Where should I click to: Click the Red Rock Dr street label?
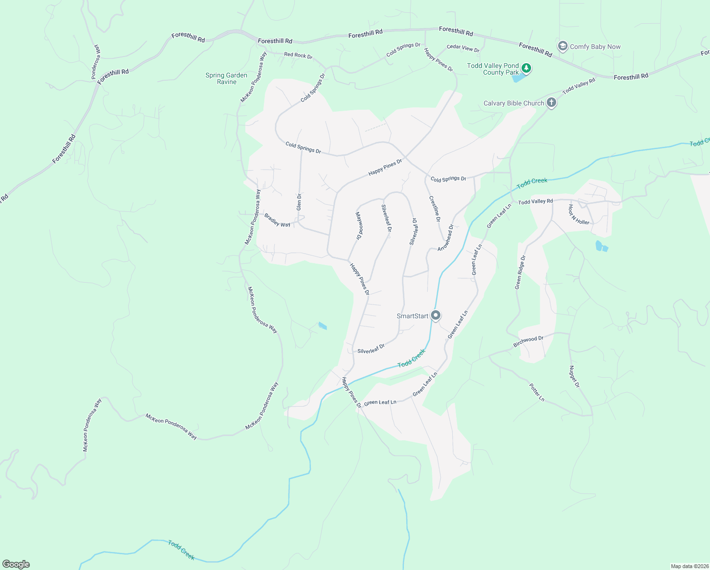coord(298,55)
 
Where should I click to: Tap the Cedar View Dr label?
coord(463,48)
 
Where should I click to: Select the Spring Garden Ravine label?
coord(226,78)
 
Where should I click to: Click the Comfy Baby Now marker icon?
coord(563,46)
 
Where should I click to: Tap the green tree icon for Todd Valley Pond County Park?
coord(526,68)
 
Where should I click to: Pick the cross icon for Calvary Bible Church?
coord(551,102)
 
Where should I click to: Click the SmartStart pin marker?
coord(436,315)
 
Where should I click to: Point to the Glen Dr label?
coord(299,202)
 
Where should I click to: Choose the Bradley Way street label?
coord(278,220)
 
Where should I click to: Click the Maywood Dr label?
coord(359,225)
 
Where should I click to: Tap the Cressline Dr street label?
coord(435,209)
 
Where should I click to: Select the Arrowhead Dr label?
coord(445,238)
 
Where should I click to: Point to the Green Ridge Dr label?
coord(521,272)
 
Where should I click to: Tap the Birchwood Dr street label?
coord(528,342)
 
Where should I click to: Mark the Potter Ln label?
coord(537,392)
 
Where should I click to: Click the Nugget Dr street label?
coord(574,377)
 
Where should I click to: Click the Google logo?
coord(16,564)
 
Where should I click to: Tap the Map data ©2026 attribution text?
coord(689,566)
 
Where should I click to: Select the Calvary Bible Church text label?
coord(514,103)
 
